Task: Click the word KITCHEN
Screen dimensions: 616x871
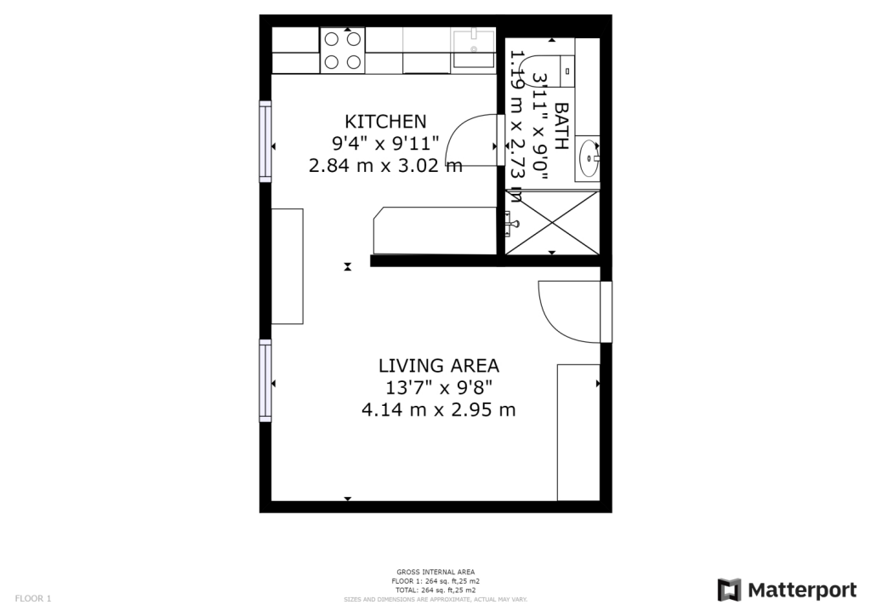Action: [x=384, y=121]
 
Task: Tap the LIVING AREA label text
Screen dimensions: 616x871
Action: [x=438, y=366]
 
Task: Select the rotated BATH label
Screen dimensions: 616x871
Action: [x=561, y=126]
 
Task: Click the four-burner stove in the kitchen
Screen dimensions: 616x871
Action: [x=342, y=50]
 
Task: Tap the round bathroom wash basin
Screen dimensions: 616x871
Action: [x=589, y=157]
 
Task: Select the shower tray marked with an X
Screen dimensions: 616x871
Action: [x=553, y=223]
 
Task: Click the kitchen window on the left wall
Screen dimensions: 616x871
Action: [x=265, y=141]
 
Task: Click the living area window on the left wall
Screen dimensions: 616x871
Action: [x=265, y=380]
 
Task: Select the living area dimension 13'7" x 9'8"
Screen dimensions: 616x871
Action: [x=438, y=388]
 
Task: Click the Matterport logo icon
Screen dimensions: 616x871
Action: [x=729, y=590]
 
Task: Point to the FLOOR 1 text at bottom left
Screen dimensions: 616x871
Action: [x=33, y=598]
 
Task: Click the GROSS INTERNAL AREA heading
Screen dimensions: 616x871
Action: [x=435, y=572]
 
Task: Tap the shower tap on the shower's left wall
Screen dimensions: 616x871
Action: [x=510, y=222]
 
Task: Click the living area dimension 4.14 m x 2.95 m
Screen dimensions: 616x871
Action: [x=438, y=410]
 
